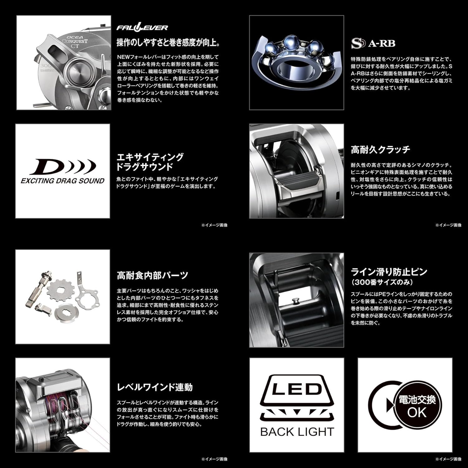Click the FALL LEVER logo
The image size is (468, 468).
[x=142, y=28]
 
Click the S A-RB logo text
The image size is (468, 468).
[x=373, y=43]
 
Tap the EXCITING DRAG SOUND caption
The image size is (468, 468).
[x=62, y=181]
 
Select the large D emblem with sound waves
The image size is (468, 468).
[x=62, y=167]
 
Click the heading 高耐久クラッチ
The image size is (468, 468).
[x=380, y=150]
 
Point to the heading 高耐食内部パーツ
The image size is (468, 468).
[x=153, y=275]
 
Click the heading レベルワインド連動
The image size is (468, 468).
[x=155, y=387]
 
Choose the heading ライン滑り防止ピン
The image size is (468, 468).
[x=389, y=272]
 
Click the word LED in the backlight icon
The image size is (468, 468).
[x=297, y=389]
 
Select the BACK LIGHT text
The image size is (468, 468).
[x=297, y=432]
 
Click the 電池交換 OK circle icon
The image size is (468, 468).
[x=417, y=406]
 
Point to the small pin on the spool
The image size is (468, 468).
[x=295, y=300]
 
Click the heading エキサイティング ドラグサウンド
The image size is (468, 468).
[x=150, y=162]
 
